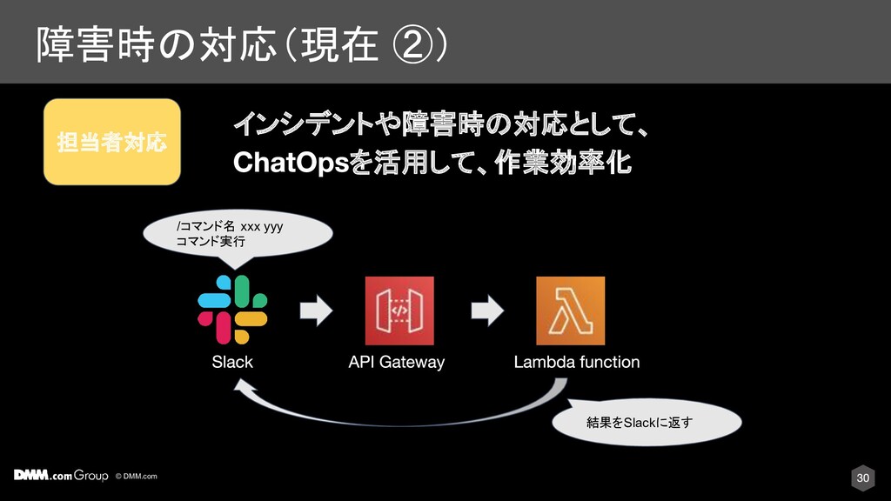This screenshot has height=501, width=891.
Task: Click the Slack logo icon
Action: [232, 310]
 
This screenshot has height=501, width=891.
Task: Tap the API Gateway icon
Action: [399, 311]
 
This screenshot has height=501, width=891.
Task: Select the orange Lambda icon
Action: [570, 311]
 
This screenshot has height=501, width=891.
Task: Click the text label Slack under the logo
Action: [232, 362]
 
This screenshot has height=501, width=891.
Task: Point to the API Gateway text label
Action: [396, 362]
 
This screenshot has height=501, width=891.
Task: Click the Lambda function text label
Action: [577, 362]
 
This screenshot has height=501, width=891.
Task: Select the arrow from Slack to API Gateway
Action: [317, 311]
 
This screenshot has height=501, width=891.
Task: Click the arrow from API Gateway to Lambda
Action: [486, 311]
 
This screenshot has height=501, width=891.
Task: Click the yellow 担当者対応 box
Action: [112, 142]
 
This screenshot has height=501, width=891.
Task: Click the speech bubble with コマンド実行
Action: [239, 235]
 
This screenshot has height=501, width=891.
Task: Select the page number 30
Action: [862, 478]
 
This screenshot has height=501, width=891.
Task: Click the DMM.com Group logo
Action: [61, 476]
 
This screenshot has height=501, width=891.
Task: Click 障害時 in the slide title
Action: [91, 44]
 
